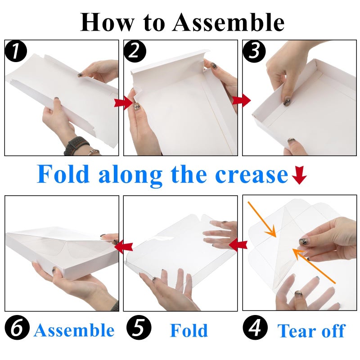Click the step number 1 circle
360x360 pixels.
pos(16,51)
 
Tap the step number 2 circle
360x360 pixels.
pos(135,51)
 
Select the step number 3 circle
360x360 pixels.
pos(254,51)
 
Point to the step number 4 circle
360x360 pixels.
pos(255,328)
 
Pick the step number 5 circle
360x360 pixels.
pos(139,328)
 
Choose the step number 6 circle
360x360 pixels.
pos(17,328)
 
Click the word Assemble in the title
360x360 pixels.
pos(228,22)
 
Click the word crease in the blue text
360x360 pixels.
pos(252,175)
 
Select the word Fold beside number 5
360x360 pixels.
pos(189,330)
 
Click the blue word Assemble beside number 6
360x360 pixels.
pos(74,330)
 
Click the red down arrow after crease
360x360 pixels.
pos(299,176)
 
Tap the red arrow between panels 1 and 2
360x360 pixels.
pos(123,103)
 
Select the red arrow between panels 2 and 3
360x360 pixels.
pos(241,100)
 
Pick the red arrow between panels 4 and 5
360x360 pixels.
pos(238,245)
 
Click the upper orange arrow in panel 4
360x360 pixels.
pos(262,219)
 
